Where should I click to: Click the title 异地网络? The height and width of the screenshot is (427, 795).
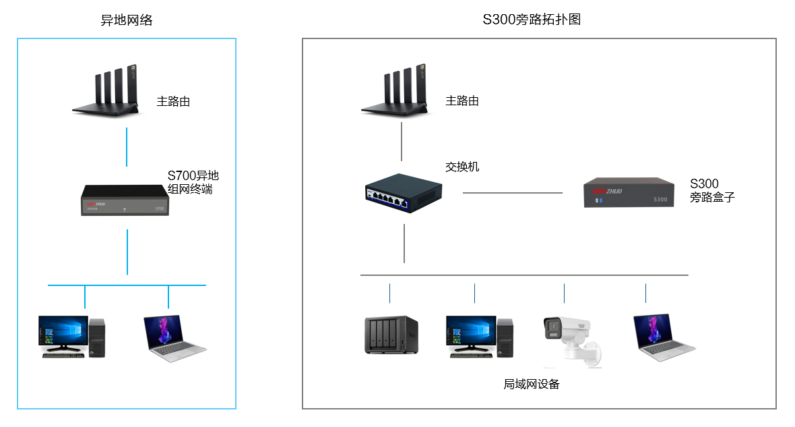(127, 20)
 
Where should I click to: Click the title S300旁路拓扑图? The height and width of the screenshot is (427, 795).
(532, 20)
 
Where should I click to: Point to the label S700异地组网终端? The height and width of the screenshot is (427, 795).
(193, 183)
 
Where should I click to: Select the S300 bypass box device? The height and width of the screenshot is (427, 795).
(630, 192)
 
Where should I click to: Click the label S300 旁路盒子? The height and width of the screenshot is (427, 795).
(711, 191)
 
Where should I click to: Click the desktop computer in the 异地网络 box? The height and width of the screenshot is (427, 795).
(71, 336)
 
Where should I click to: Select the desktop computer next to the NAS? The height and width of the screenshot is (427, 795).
(480, 335)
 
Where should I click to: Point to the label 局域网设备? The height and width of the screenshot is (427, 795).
(531, 385)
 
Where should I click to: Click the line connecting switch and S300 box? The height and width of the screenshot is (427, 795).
(512, 193)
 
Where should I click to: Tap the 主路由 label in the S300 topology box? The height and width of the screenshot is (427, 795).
(462, 101)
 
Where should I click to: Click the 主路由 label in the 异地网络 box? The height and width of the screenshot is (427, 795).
(173, 102)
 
